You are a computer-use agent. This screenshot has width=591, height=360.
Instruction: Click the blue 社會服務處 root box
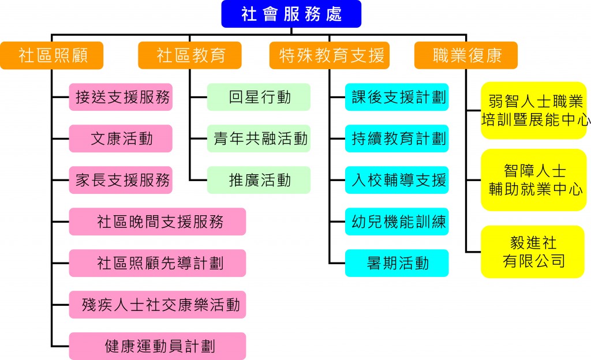tap(291, 14)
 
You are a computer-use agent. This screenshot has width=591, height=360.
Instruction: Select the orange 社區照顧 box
tap(52, 55)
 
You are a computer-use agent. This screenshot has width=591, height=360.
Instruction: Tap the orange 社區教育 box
tap(190, 55)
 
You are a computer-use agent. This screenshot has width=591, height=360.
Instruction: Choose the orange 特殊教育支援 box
tap(330, 55)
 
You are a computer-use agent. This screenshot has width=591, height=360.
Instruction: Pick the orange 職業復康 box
tap(466, 55)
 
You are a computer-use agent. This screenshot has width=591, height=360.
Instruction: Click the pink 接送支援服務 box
tap(121, 97)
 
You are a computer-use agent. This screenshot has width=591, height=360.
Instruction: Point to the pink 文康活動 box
tap(121, 138)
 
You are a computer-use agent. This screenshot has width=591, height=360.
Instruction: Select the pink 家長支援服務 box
tap(121, 180)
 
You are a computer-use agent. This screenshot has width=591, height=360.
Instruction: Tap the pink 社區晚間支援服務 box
tap(158, 222)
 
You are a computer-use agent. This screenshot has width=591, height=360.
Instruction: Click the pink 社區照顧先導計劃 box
tap(158, 263)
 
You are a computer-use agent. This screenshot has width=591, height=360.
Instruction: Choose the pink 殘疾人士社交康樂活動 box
tap(158, 305)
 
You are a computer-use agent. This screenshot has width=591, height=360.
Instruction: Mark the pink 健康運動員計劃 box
tap(158, 346)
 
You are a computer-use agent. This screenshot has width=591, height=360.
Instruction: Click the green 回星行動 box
tap(259, 97)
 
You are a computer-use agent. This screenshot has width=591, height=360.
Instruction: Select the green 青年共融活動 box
tap(259, 138)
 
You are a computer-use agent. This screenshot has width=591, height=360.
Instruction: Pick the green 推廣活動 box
tap(259, 180)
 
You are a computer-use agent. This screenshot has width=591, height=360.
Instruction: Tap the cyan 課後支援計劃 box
tap(397, 97)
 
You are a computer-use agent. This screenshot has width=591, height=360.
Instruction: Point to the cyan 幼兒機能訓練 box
tap(397, 222)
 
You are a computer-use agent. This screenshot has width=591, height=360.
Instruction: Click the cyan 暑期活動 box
tap(397, 263)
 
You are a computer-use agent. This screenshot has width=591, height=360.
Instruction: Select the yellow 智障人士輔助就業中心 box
tap(533, 180)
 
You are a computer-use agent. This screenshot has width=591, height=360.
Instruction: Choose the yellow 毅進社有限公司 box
tap(533, 252)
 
